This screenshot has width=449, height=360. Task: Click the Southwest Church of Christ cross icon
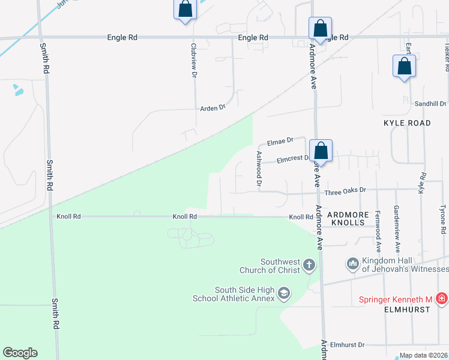(x=309, y=265)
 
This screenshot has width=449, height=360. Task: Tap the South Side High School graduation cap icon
(x=284, y=293)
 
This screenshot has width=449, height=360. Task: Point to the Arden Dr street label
(x=212, y=108)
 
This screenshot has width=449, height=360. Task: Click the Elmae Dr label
(x=280, y=141)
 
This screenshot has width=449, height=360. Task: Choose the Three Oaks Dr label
(x=345, y=193)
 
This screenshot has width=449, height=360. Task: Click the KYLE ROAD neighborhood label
(x=407, y=123)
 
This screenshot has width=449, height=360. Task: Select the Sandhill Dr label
(x=430, y=104)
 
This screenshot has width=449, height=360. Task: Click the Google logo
(x=20, y=353)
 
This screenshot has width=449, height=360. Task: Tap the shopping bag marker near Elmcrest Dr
(x=321, y=151)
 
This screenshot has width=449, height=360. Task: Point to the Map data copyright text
(x=423, y=355)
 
